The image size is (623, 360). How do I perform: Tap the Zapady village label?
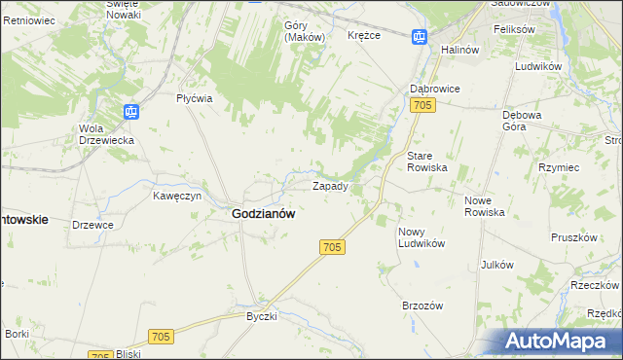click(x=330, y=185)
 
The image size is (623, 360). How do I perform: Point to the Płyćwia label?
click(x=194, y=98)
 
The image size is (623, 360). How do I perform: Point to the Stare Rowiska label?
click(x=426, y=161)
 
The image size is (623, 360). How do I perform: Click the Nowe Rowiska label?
click(x=484, y=205)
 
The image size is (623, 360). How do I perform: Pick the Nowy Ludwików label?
click(x=421, y=236)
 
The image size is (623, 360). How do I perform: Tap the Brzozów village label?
click(x=422, y=305)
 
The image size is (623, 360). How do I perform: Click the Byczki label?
click(x=262, y=316)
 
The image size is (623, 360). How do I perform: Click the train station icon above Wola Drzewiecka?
click(x=130, y=111)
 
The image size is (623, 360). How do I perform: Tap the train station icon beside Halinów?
click(x=420, y=38)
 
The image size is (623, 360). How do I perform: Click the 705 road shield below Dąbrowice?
click(x=421, y=105)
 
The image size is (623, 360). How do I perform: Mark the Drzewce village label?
click(x=93, y=225)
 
